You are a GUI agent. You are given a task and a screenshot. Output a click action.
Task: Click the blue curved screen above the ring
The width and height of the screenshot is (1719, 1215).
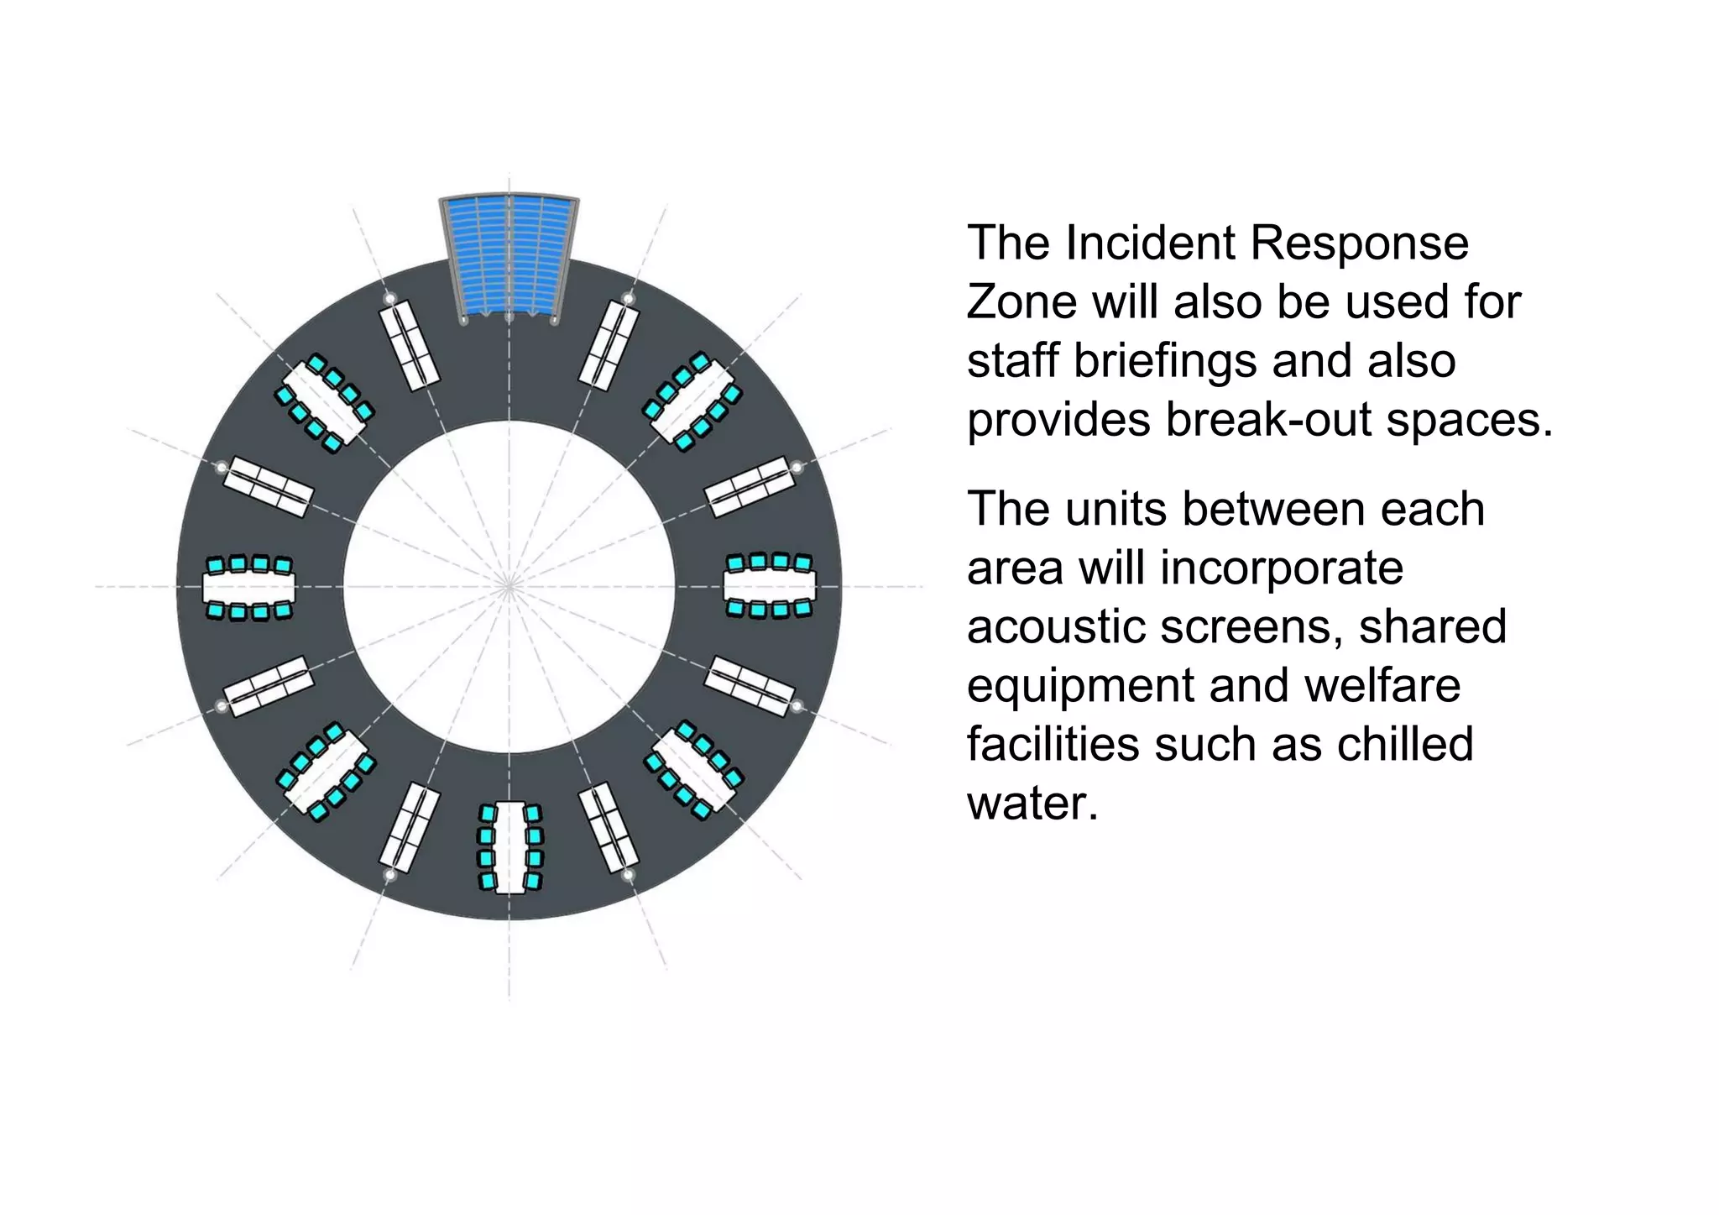509,255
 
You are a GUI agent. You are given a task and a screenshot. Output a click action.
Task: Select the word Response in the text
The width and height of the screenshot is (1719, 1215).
1359,244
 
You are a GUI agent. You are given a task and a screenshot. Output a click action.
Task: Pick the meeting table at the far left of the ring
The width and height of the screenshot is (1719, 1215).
249,587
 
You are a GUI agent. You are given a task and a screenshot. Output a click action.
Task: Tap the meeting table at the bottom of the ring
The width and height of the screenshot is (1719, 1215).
509,847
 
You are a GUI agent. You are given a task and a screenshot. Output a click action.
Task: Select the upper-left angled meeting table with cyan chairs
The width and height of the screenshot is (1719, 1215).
324,402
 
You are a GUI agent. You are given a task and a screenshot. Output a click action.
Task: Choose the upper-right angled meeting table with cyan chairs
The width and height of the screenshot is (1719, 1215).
692,401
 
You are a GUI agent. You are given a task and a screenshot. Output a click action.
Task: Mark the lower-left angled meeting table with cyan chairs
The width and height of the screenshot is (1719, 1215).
326,771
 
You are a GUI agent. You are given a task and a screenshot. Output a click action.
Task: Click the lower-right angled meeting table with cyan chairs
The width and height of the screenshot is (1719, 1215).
693,770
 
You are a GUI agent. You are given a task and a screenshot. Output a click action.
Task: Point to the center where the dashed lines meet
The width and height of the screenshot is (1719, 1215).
509,586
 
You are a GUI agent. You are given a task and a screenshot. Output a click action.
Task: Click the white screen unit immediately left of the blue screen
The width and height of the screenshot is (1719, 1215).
409,345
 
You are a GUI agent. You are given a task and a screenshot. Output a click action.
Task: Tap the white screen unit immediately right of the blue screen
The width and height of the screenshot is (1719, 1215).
609,345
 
